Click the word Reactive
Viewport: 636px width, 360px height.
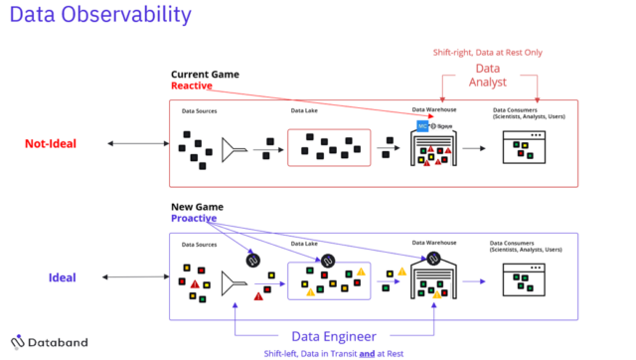[x=192, y=87]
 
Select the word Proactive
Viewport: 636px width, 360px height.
[x=193, y=218]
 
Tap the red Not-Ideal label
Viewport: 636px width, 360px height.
[x=51, y=144]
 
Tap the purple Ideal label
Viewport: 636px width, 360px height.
[x=63, y=276]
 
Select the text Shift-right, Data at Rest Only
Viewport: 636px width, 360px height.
[x=487, y=52]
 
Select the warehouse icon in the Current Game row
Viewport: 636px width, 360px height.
[x=434, y=149]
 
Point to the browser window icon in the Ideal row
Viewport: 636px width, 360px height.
[x=528, y=281]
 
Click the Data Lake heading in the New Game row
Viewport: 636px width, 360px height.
[x=304, y=243]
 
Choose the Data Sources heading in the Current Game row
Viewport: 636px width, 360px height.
[x=199, y=111]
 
